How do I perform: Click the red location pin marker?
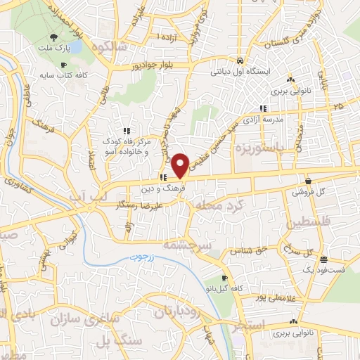180,165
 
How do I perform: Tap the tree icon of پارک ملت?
54,38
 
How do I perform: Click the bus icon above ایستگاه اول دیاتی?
240,60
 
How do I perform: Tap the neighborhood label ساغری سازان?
83,321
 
